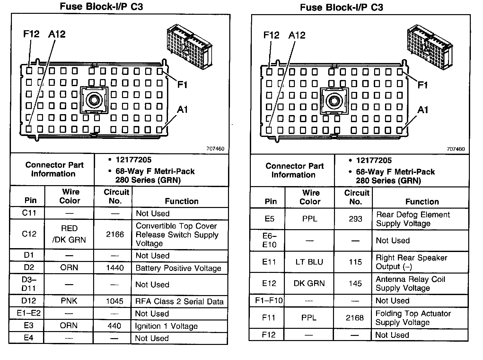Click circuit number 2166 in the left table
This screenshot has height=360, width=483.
click(115, 234)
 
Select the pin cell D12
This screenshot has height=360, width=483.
click(29, 301)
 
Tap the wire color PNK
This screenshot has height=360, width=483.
click(69, 301)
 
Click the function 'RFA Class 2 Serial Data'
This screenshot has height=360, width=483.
click(179, 301)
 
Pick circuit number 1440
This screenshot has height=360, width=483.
click(115, 268)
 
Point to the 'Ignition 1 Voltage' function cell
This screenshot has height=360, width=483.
click(166, 326)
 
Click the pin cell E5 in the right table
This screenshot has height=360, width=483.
click(269, 219)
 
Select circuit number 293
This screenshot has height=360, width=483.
click(356, 219)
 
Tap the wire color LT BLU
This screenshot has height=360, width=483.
click(309, 262)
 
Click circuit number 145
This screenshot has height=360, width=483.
click(355, 283)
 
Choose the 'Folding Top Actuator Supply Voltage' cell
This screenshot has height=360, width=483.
click(413, 318)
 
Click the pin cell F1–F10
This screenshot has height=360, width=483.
click(269, 301)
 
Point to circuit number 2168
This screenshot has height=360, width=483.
click(355, 318)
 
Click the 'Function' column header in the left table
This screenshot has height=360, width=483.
click(181, 201)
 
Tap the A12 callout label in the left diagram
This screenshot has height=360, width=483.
click(57, 34)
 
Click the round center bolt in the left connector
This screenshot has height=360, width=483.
click(94, 100)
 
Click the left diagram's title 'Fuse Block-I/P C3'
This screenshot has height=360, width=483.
click(101, 7)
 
